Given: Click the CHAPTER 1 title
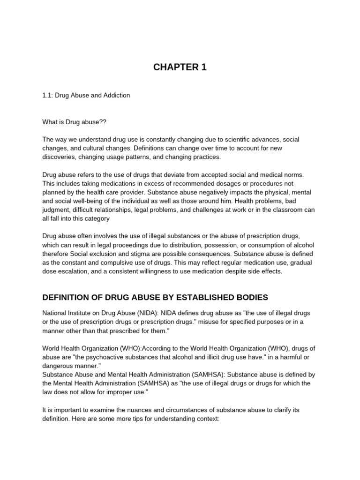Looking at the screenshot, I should [180, 67].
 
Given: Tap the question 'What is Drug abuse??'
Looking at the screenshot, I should [75, 121].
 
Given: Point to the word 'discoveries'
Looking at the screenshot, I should [59, 157].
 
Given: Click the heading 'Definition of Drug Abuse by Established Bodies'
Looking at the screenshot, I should [155, 297].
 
